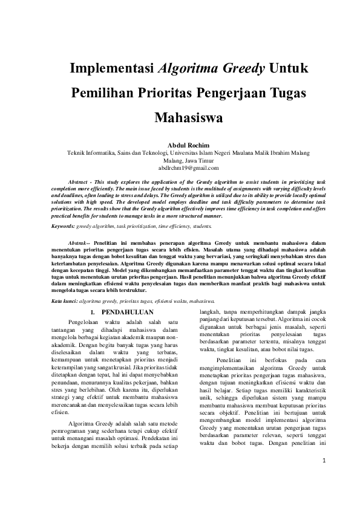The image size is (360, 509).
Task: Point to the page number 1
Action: click(x=324, y=478)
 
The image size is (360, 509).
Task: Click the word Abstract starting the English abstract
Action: click(x=82, y=182)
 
